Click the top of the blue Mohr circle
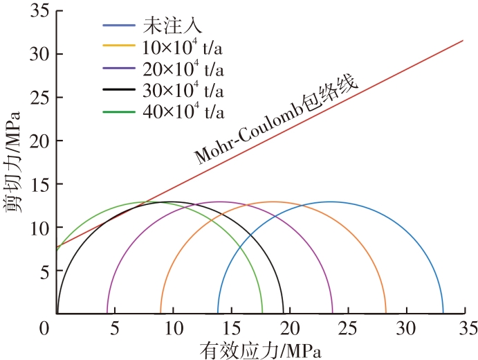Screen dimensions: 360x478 [331, 202]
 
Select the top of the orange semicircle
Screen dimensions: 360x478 [273, 202]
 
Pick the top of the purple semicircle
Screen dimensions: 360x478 [220, 202]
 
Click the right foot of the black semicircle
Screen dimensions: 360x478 [284, 313]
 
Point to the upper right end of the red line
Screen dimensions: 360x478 [463, 40]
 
